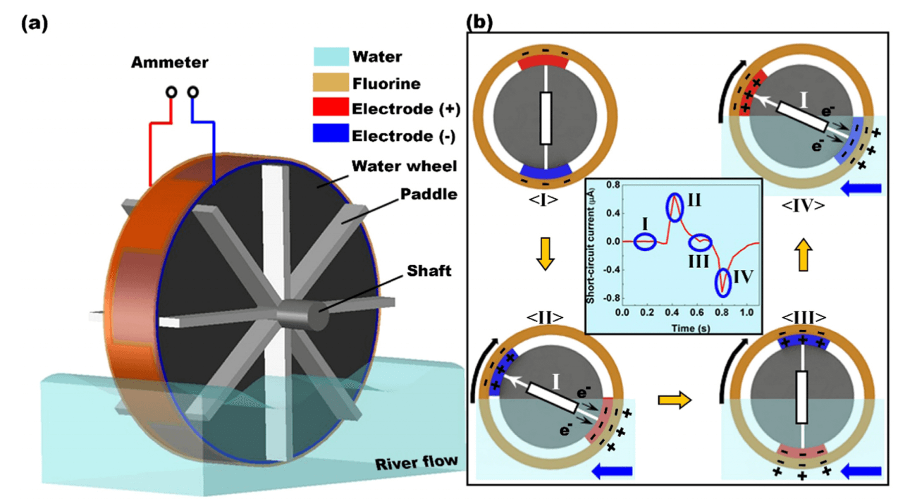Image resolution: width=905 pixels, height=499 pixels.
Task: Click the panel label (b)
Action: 480,23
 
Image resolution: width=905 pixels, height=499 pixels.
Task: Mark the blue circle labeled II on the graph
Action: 675,207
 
